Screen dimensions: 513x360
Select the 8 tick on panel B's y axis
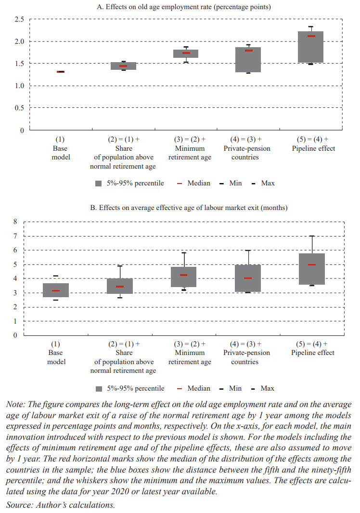point(15,222)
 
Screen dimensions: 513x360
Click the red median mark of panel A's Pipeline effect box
point(311,36)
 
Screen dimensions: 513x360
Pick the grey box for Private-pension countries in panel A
point(248,60)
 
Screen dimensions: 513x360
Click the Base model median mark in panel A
point(61,72)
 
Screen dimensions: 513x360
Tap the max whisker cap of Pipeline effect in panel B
point(311,236)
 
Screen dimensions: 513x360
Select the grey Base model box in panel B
point(56,290)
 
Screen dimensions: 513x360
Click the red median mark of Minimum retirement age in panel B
point(184,275)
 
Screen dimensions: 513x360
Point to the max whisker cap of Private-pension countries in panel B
point(248,250)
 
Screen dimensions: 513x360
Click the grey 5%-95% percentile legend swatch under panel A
point(99,183)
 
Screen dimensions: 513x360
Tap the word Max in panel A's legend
point(268,183)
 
